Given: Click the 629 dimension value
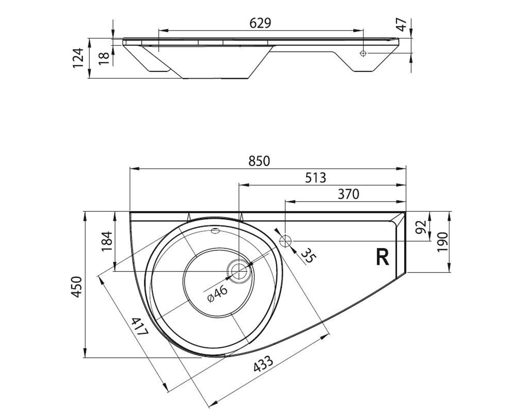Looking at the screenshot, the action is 260,23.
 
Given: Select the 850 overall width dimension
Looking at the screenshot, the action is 259,161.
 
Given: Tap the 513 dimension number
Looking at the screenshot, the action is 315,178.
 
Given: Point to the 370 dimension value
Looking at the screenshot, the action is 348,194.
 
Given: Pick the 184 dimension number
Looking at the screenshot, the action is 107,241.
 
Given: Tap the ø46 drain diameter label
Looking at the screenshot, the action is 217,294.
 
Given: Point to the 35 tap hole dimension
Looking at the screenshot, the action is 309,256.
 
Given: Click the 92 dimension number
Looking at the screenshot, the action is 421,227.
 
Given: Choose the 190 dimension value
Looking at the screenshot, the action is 442,242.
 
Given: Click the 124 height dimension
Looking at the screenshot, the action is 78,58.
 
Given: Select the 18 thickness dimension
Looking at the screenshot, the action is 104,58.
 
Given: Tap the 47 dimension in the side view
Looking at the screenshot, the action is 401,24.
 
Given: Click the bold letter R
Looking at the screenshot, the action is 383,257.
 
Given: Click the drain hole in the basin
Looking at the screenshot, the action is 239,271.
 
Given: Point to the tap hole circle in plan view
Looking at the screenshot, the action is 285,241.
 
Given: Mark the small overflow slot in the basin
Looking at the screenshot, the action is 215,230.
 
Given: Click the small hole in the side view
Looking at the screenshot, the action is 363,53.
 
